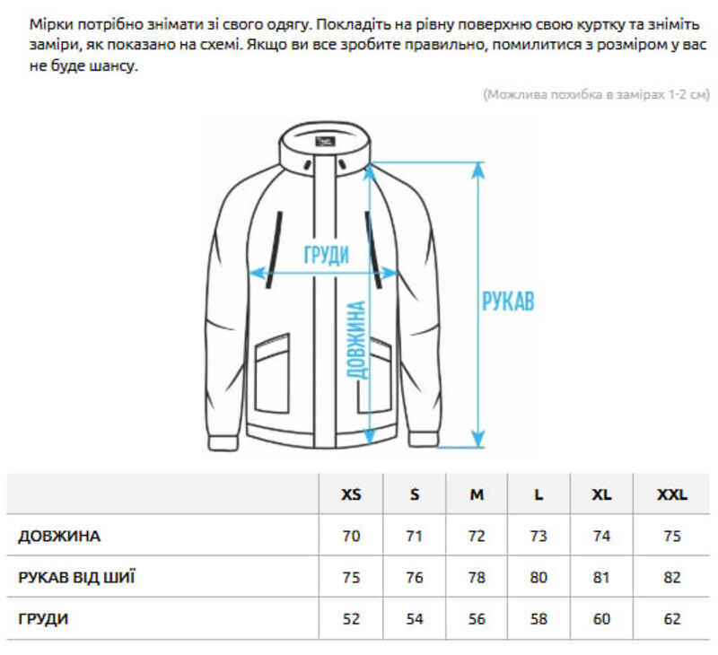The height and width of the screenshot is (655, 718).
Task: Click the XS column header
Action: [351, 494]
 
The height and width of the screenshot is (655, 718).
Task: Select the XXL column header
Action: [672, 494]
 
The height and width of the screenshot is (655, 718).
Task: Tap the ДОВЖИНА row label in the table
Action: [59, 536]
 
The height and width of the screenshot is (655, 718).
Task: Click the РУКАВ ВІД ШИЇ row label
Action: [76, 577]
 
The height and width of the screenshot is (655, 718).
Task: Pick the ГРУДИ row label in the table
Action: [43, 619]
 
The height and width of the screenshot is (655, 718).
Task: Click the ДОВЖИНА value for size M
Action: [477, 536]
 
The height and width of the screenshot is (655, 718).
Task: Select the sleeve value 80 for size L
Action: [538, 577]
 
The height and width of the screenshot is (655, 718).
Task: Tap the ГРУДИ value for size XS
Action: [351, 619]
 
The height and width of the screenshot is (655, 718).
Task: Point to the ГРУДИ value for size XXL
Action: [672, 619]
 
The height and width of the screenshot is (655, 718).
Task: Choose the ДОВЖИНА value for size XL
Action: [601, 536]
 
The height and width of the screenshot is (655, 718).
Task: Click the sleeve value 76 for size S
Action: [415, 577]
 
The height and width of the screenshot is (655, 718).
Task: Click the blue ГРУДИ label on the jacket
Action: [327, 255]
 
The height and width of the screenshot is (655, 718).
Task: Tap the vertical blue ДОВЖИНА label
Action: [356, 340]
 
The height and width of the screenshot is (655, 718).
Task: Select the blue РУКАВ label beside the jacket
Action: [508, 301]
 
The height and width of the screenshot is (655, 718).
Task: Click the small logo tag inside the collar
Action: [325, 143]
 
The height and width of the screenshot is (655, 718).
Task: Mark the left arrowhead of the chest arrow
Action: [257, 274]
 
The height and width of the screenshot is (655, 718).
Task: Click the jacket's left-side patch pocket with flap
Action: [273, 373]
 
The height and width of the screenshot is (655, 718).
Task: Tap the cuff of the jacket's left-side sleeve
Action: [224, 443]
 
